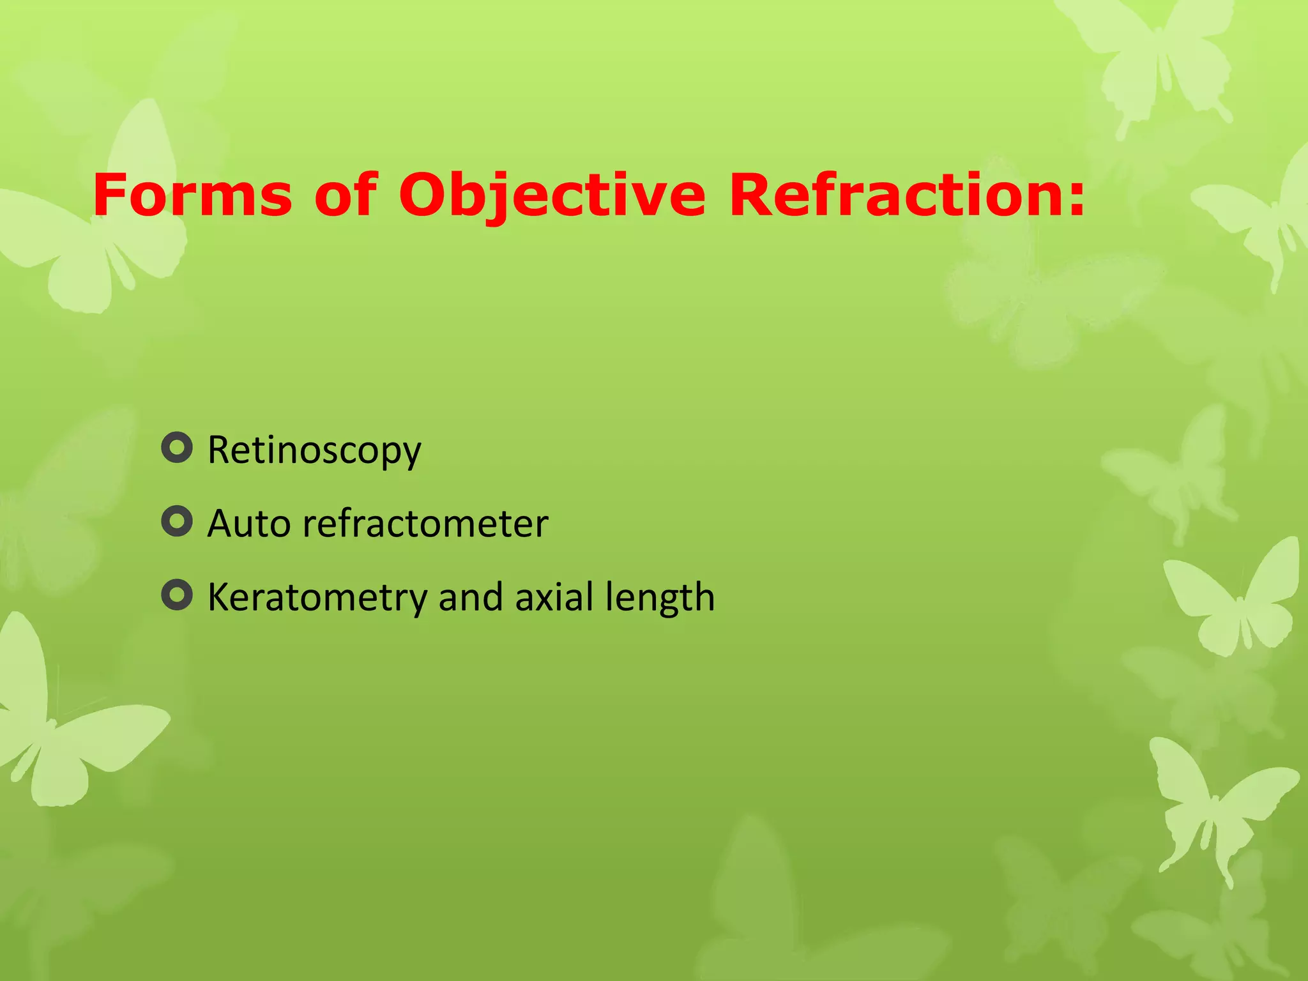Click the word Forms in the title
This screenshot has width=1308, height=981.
tap(192, 195)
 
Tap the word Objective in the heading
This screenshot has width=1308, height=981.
tap(552, 195)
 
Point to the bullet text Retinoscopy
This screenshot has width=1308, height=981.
tap(314, 451)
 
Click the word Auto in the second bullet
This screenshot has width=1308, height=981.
tap(249, 524)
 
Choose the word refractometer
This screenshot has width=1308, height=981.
tap(425, 524)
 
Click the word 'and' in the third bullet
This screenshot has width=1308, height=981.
tap(471, 598)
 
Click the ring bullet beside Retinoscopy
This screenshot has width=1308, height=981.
tap(177, 448)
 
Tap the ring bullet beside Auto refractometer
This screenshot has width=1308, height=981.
tap(177, 522)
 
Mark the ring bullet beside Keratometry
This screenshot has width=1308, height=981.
tap(177, 595)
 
